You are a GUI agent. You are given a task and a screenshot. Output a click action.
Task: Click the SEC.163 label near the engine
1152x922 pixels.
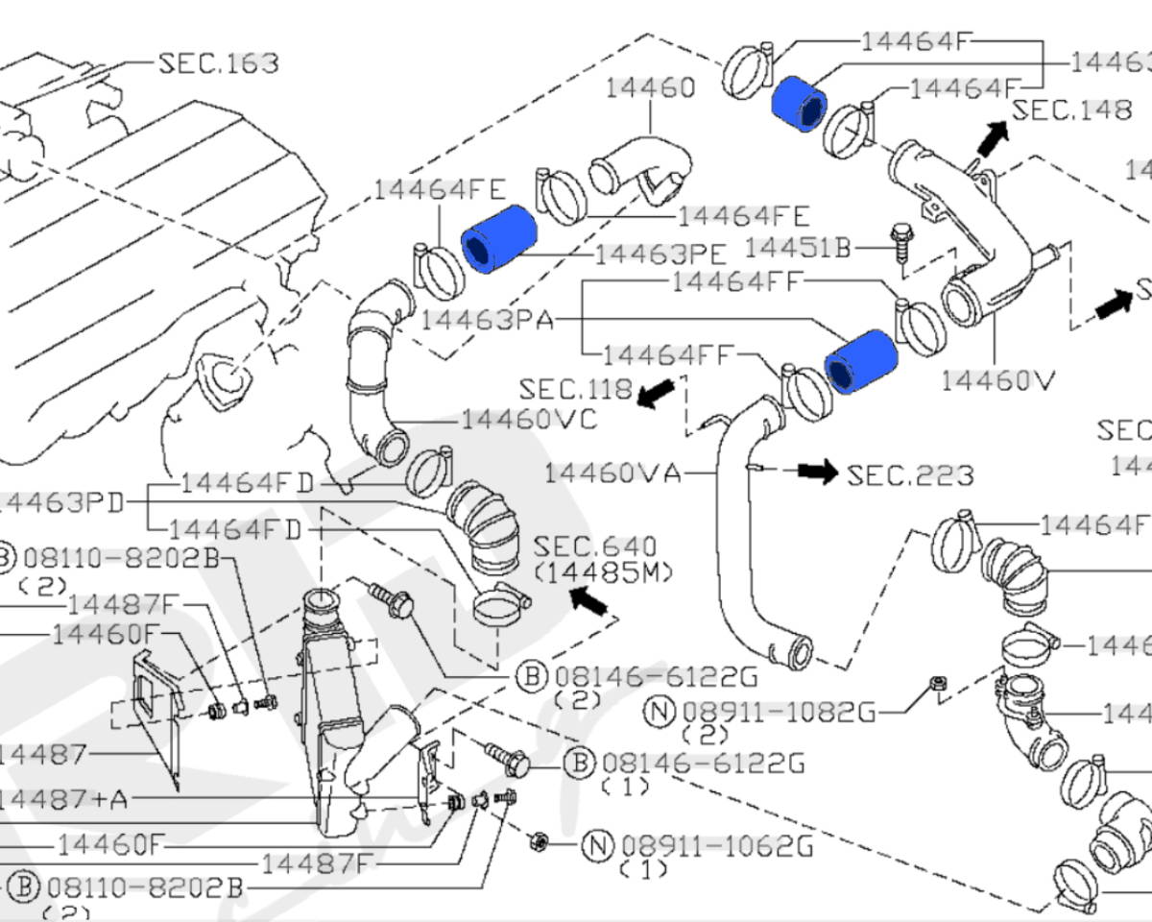pos(218,63)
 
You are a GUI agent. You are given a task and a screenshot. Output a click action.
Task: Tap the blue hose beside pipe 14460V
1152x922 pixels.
pos(860,361)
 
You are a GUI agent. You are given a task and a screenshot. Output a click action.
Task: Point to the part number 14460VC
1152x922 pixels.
pos(529,420)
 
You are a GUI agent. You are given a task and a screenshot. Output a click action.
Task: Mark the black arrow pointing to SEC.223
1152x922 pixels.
pos(818,472)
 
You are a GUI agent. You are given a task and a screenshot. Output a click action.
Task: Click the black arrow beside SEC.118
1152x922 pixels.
pos(657,393)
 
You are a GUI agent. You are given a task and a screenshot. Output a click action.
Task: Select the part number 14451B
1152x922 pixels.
pos(798,248)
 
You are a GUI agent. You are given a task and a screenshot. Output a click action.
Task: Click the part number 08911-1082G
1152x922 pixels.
pos(779,712)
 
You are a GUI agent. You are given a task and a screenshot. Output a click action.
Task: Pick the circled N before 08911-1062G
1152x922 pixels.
pos(597,845)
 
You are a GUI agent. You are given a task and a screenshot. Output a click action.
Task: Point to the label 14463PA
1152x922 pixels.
pos(487,319)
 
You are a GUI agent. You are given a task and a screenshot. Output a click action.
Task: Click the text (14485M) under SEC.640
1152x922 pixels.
pos(603,572)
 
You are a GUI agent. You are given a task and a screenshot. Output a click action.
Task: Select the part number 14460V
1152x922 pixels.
pos(997,380)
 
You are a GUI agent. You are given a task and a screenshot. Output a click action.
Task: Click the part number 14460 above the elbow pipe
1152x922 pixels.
pos(650,88)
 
